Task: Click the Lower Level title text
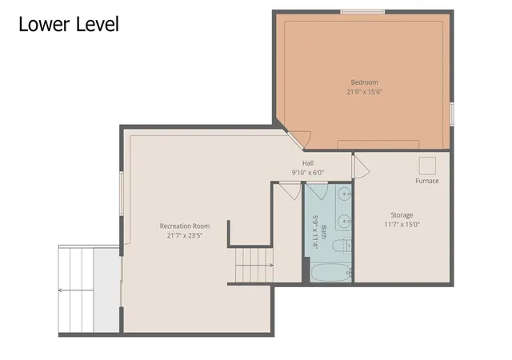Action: [69, 24]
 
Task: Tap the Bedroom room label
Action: [365, 82]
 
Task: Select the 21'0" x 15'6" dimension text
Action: [365, 92]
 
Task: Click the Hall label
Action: [308, 163]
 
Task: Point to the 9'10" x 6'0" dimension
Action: [308, 173]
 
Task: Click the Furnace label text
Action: [427, 181]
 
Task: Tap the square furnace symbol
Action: [427, 166]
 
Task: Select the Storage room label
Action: [402, 215]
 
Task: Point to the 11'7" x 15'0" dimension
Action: [402, 225]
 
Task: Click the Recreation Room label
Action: [185, 226]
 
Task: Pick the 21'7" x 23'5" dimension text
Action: [185, 235]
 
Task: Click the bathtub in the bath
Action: [330, 273]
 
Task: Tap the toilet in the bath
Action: [342, 246]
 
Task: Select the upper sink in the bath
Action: [344, 194]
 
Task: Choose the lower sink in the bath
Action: [344, 222]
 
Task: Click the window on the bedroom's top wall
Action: [362, 12]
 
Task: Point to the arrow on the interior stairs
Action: [254, 266]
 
